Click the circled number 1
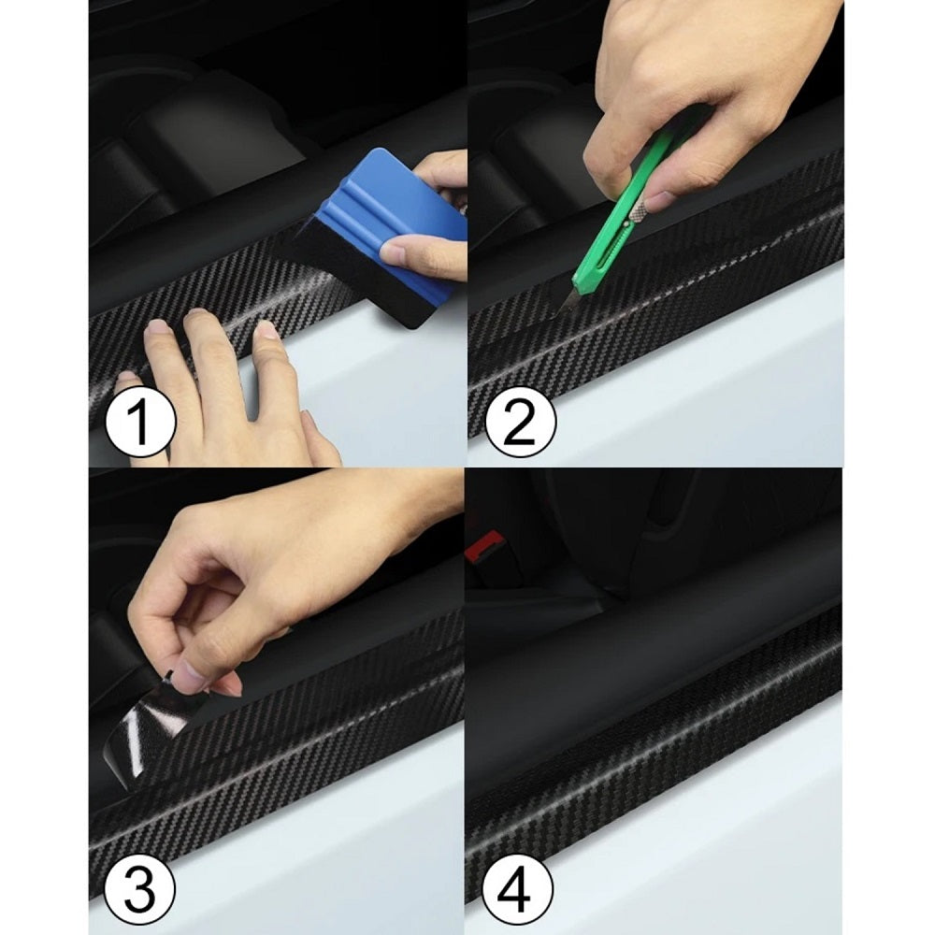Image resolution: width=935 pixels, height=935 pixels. tap(141, 423)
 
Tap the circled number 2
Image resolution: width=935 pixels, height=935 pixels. tap(520, 423)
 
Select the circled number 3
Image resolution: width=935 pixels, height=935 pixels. tap(140, 891)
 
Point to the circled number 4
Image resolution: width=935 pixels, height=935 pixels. tap(517, 890)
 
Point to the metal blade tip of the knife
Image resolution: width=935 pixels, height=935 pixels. tap(562, 310)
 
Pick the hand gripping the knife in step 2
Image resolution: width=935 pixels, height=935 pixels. tap(704, 101)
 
